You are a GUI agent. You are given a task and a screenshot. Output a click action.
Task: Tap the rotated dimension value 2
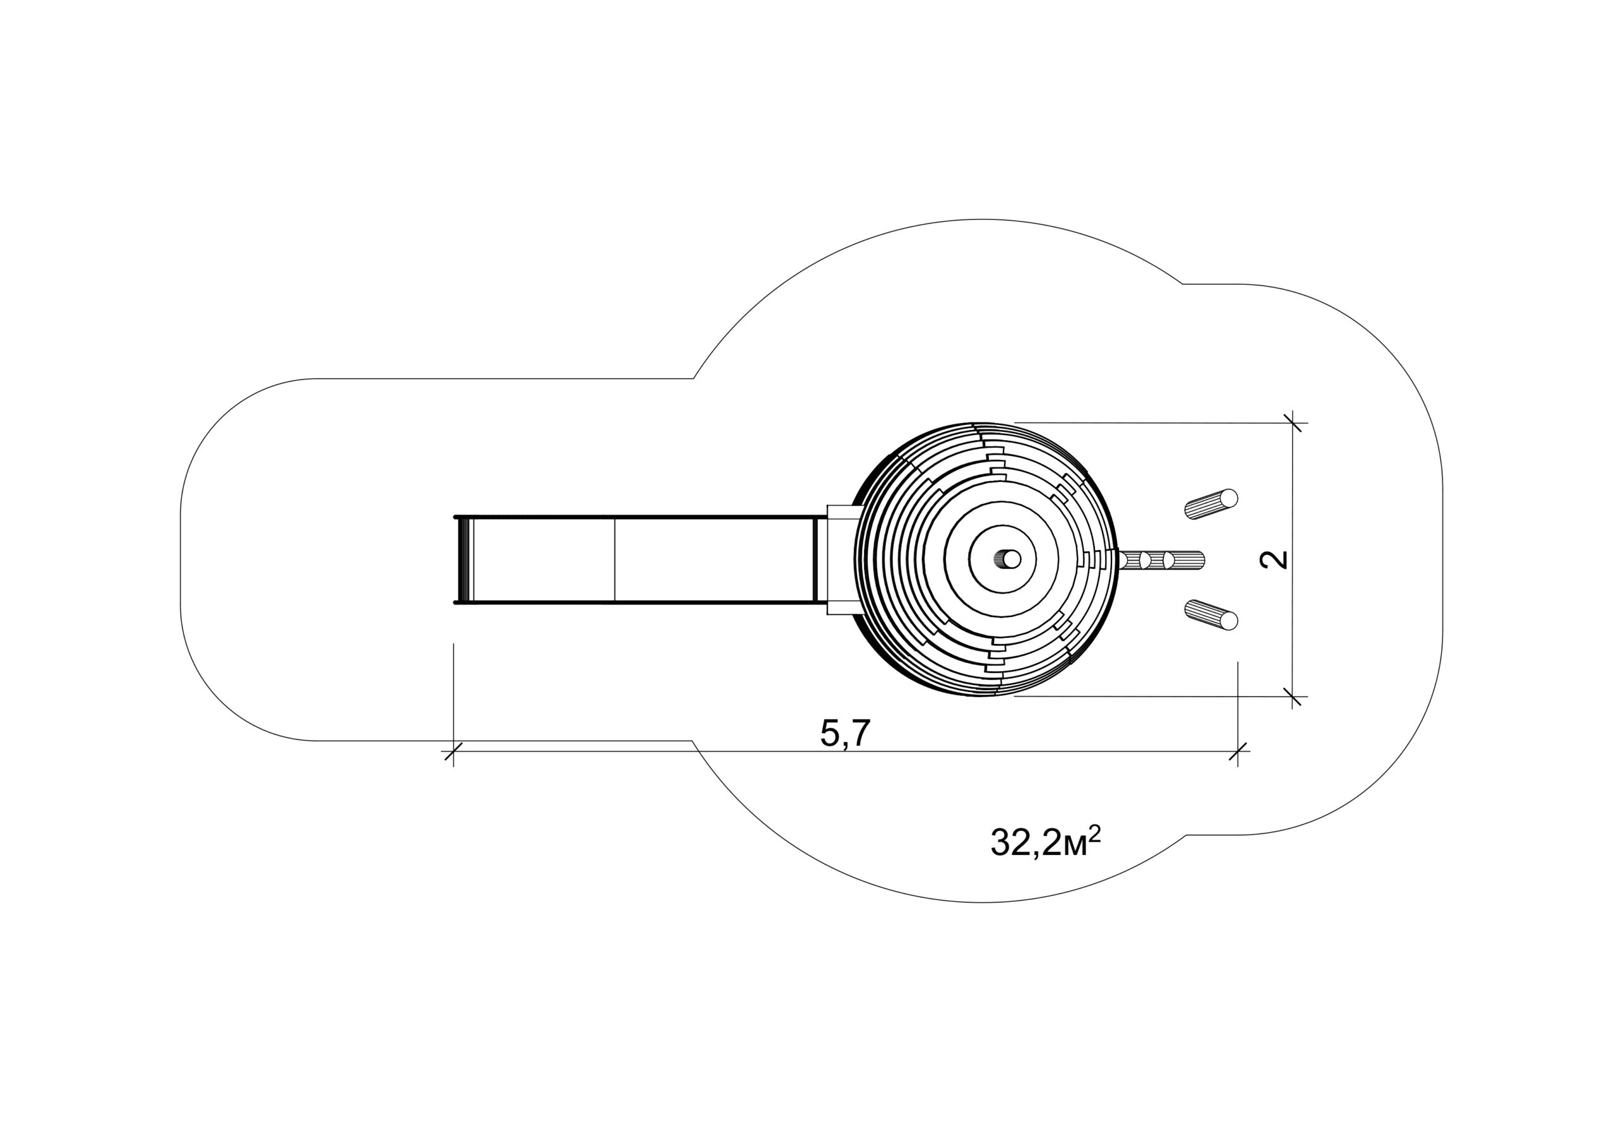[x=1274, y=559]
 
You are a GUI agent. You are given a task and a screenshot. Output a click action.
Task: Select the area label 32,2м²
[x=1045, y=841]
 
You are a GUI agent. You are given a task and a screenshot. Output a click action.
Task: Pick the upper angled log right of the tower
[x=1211, y=504]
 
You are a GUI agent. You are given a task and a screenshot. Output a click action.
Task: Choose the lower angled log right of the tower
[x=1211, y=614]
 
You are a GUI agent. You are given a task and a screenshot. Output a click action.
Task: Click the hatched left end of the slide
[x=463, y=560]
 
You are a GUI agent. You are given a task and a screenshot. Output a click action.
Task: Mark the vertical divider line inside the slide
[x=615, y=560]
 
